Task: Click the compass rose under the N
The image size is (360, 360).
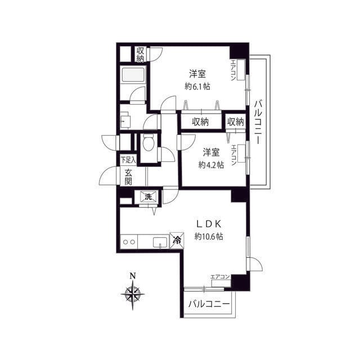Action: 133,294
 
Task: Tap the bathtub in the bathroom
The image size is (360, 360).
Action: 133,74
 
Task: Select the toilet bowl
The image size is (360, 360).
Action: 148,142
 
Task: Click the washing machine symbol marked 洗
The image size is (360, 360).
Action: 148,196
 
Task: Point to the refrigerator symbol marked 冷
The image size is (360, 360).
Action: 177,240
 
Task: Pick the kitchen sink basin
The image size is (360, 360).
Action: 160,242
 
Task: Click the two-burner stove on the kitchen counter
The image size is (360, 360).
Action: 129,242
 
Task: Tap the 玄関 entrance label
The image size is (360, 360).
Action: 129,177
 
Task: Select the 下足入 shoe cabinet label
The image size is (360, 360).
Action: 129,160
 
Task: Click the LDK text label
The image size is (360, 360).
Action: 209,224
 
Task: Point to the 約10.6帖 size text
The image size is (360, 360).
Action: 209,236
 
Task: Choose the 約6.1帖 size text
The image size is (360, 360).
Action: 197,86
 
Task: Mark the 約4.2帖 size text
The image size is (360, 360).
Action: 211,165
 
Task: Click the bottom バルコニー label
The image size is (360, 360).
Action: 209,304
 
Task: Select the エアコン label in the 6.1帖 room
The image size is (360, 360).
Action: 233,70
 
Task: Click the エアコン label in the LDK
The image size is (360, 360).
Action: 220,277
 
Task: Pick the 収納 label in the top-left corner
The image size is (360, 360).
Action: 140,55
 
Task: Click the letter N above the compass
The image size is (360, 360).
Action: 133,276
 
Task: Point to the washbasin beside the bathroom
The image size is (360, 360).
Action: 125,120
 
